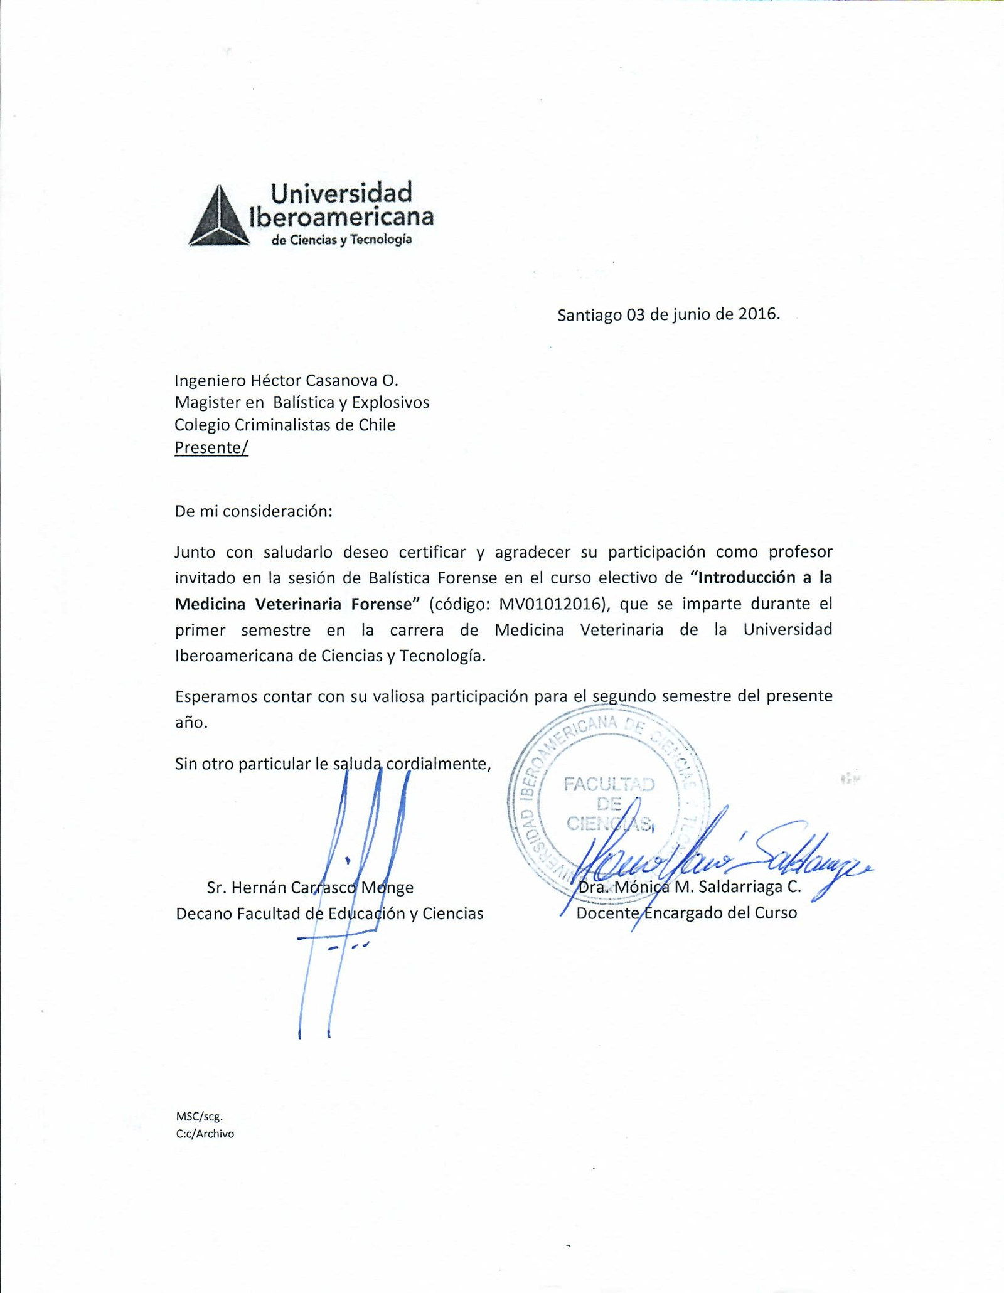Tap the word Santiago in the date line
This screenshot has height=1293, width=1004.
(x=589, y=315)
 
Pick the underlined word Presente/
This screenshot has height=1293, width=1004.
(x=211, y=447)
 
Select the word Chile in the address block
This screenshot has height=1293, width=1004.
(x=376, y=425)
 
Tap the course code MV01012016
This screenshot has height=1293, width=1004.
(x=553, y=604)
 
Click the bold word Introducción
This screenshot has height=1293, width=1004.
(x=755, y=577)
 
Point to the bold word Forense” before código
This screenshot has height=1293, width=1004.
(x=385, y=604)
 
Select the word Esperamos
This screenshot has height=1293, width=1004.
(x=211, y=696)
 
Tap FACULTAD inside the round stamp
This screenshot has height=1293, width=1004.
(x=609, y=784)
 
